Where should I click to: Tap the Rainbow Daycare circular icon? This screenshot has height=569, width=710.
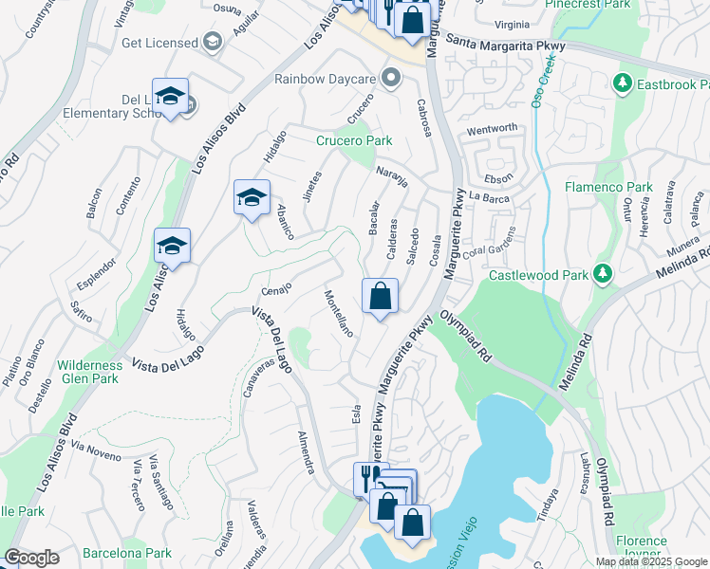390,79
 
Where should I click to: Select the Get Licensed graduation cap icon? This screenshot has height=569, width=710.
212,43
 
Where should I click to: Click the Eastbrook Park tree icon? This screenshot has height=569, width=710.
623,83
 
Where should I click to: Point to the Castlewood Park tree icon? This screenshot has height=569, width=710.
602,275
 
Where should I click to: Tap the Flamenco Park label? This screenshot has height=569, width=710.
607,187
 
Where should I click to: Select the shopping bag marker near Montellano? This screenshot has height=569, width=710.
380,296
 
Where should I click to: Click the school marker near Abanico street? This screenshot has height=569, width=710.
252,197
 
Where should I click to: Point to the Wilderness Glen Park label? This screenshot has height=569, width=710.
89,372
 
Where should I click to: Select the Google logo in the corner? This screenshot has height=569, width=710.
31,558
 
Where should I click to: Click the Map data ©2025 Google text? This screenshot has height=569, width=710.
651,561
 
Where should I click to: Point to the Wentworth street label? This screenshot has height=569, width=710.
492,128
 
